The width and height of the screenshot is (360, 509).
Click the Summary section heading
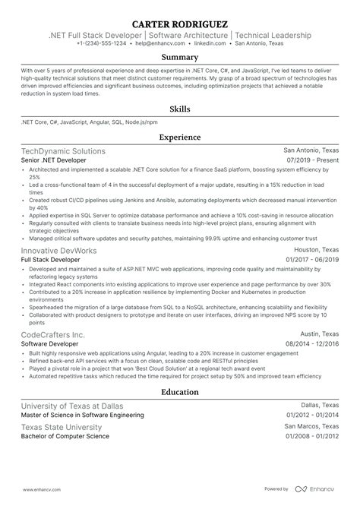click(180, 57)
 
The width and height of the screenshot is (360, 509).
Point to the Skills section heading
click(180, 109)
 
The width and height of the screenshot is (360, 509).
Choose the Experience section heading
click(180, 138)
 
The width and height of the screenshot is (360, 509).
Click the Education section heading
click(180, 392)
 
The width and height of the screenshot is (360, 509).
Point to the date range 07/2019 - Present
click(313, 161)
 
